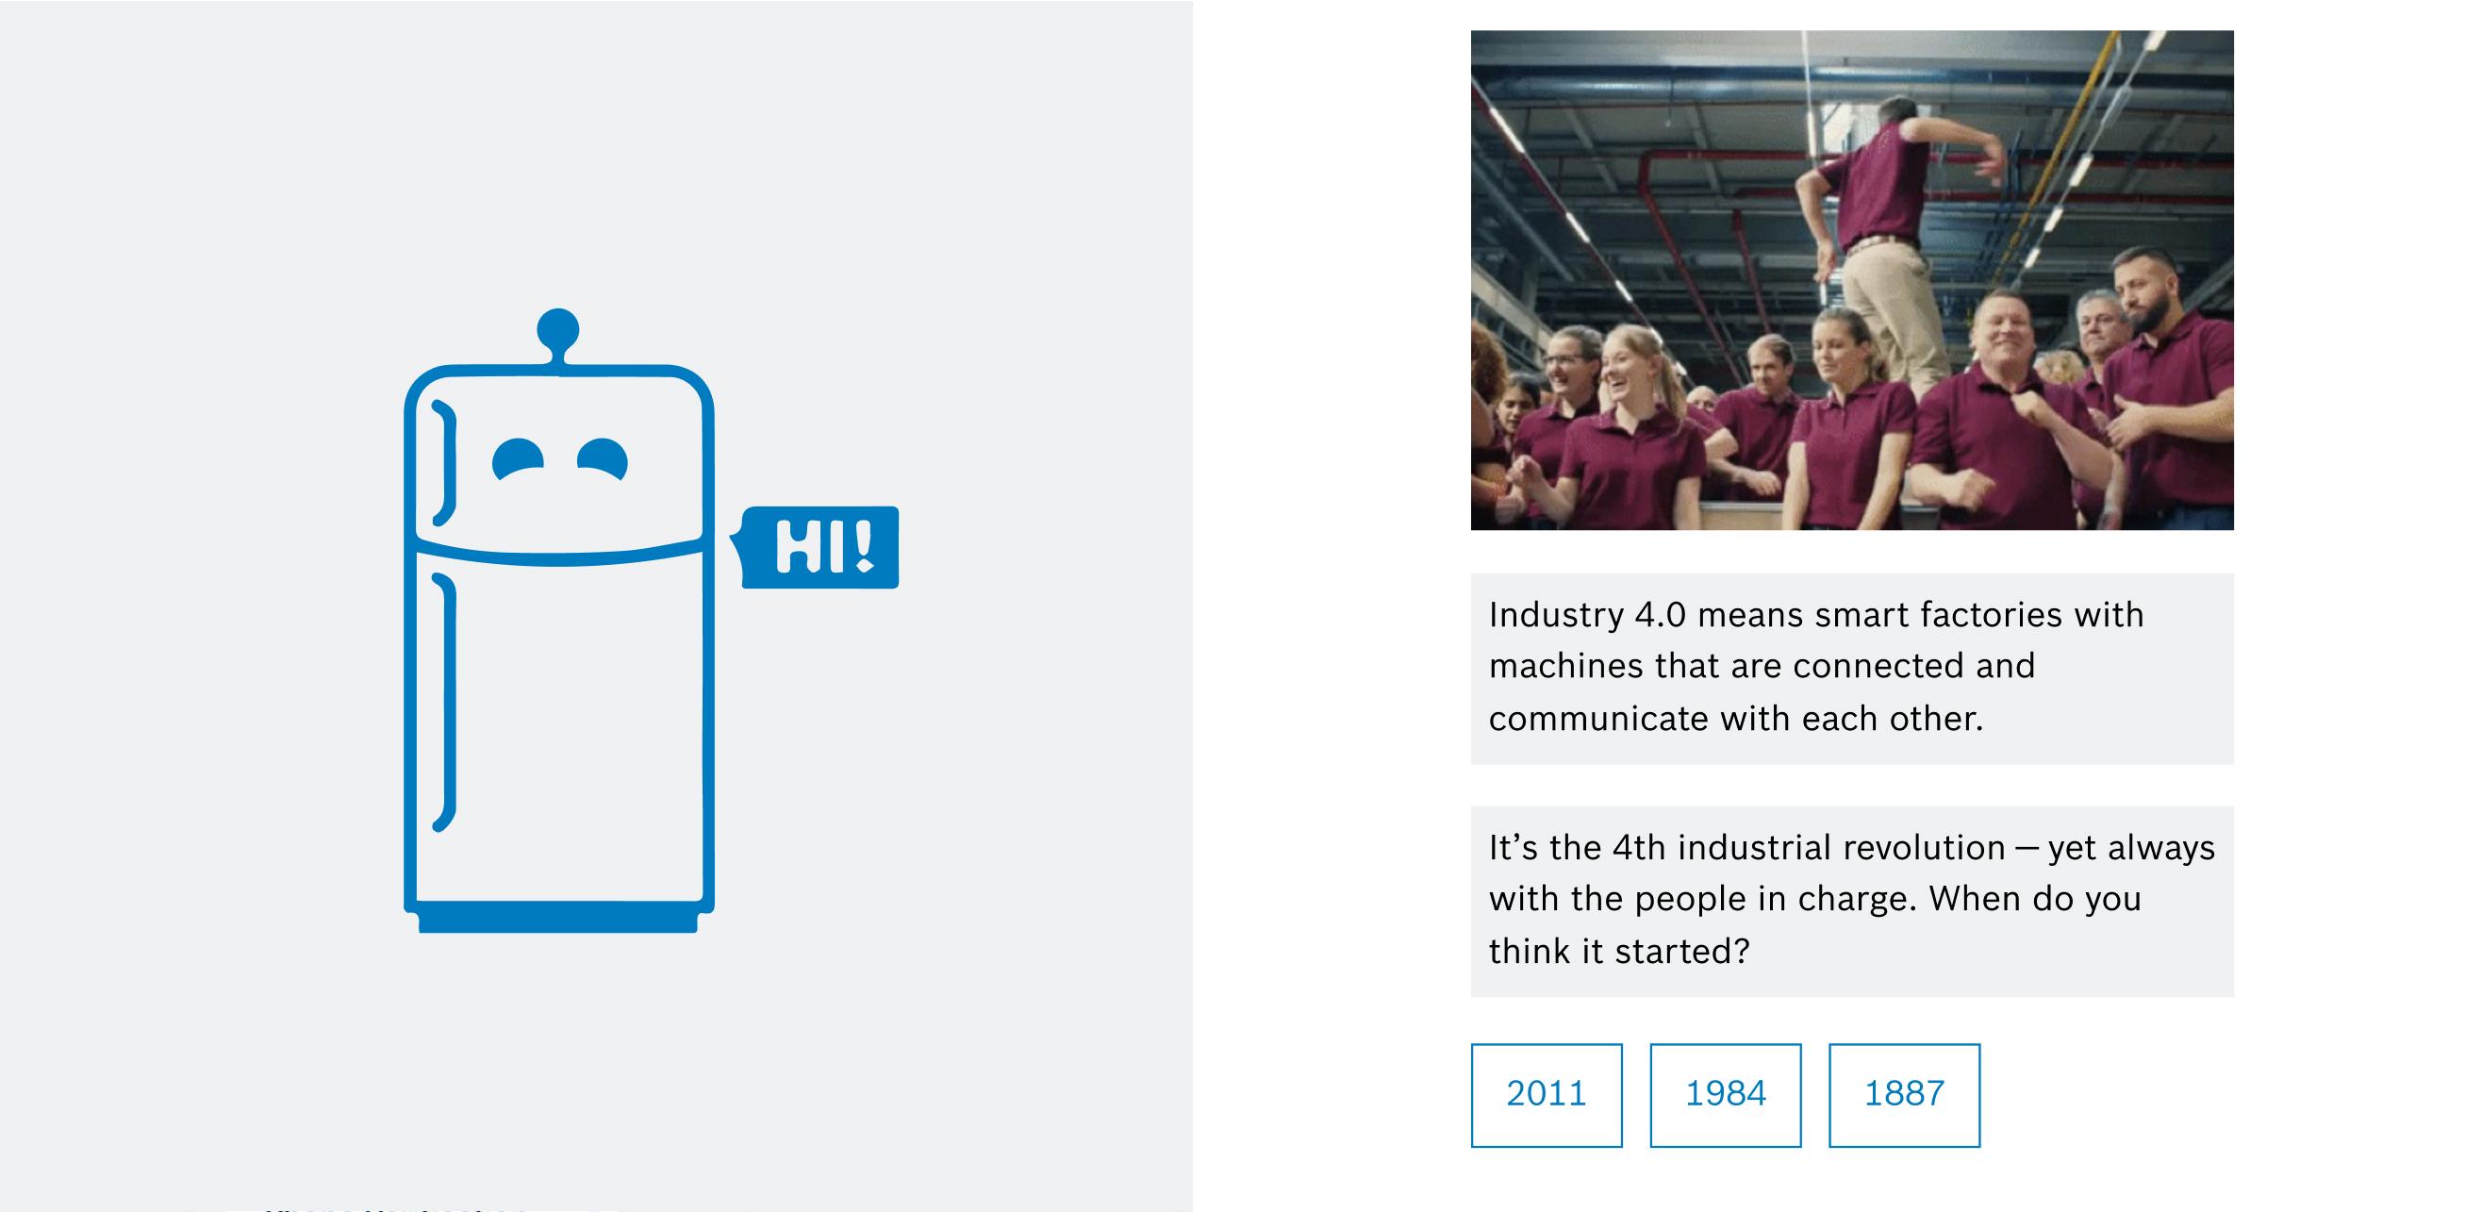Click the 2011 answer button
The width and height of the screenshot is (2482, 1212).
(x=1546, y=1094)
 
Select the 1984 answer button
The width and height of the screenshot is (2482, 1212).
(x=1725, y=1094)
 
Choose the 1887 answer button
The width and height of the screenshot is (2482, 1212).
(x=1904, y=1094)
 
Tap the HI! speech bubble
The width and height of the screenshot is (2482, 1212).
(x=818, y=547)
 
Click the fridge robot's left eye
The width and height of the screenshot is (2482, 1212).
(x=518, y=458)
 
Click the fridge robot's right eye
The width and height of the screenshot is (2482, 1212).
(x=604, y=458)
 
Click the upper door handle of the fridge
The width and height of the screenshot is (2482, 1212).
(x=446, y=462)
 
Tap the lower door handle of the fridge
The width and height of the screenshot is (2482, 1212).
(x=446, y=702)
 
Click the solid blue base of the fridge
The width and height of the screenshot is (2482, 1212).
(x=558, y=917)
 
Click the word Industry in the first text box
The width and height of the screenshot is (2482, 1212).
(x=1556, y=616)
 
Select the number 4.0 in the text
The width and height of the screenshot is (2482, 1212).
(x=1660, y=615)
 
